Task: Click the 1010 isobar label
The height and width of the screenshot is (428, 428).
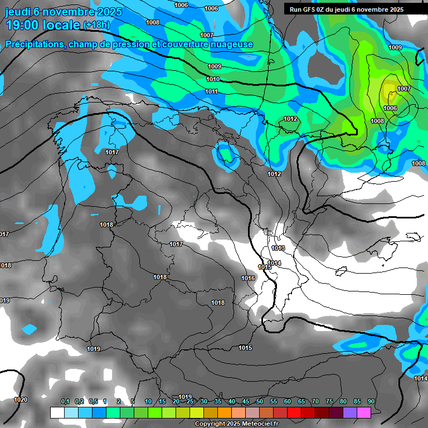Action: pos(213,80)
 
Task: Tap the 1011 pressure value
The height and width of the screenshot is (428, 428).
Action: pos(212,91)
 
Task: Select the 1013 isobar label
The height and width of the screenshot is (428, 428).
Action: pos(278,248)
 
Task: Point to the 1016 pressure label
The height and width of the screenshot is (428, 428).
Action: pos(248,278)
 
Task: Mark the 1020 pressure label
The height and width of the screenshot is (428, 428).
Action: pos(21,400)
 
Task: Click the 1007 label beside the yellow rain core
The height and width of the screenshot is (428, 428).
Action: pos(404,89)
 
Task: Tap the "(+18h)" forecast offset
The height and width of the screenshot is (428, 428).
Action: pos(96,25)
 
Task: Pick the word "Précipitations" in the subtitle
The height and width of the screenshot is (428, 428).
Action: pos(33,44)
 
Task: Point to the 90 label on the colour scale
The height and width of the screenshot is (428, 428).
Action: pos(371,402)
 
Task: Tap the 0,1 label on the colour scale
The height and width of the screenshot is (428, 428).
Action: pos(65,402)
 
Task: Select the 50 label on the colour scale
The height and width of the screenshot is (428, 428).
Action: pos(260,402)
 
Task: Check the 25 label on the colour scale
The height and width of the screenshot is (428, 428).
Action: pos(190,402)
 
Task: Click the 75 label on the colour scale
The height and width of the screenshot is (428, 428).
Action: pos(329,402)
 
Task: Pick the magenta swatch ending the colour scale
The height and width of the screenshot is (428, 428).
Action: pos(364,412)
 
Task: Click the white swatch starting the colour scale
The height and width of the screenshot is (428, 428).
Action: pos(57,412)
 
